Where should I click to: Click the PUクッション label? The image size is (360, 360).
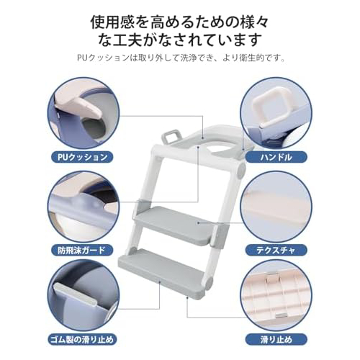pos(83,158)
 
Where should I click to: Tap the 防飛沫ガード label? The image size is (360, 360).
pos(81,251)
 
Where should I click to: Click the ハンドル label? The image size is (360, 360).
pos(276,158)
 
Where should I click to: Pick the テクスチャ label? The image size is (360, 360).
pos(276,251)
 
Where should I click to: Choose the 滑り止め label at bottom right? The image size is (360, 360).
pos(276,340)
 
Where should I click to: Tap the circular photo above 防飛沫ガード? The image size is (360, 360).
pos(84,207)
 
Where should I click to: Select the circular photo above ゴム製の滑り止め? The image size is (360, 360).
pos(84,297)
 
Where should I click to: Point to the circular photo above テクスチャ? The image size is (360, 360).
pos(276,207)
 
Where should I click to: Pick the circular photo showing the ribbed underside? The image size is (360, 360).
pos(276,297)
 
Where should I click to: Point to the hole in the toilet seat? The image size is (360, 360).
pos(221,150)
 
